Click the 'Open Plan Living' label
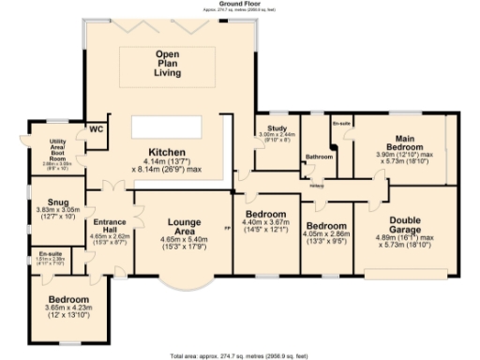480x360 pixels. pyautogui.click(x=167, y=63)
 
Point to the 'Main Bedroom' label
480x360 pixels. pyautogui.click(x=399, y=142)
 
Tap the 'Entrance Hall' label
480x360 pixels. pyautogui.click(x=109, y=222)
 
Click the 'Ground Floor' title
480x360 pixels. pyautogui.click(x=239, y=4)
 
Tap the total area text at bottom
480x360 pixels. pyautogui.click(x=239, y=356)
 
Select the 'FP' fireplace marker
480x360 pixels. pyautogui.click(x=227, y=229)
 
